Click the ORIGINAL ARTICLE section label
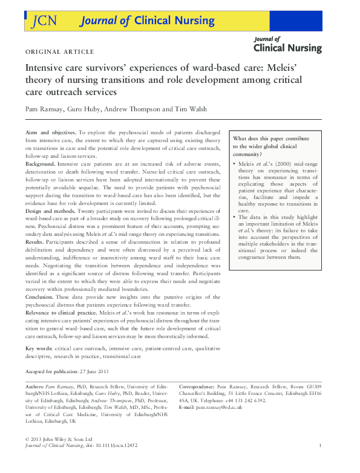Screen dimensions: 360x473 (x=60, y=51)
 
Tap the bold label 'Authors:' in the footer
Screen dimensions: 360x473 (x=35, y=386)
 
